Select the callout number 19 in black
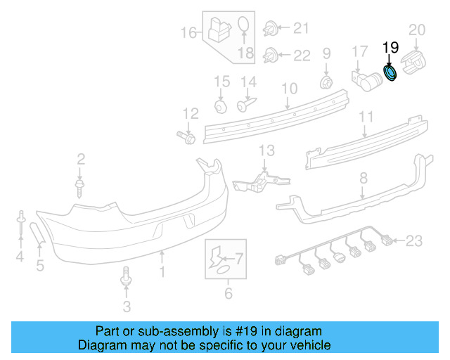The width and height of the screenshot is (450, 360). coord(390,48)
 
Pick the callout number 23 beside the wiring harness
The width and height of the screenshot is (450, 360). coord(414,241)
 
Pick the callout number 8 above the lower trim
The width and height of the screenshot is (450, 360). coord(364,179)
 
